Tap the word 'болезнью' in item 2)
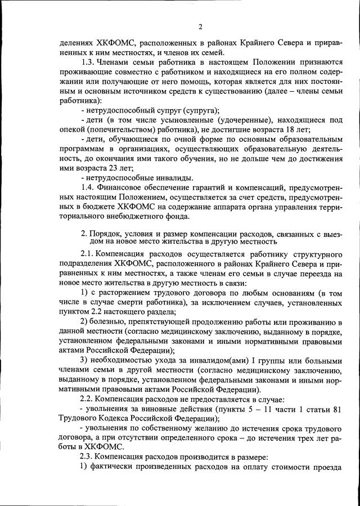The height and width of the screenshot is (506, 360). point(110,321)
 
